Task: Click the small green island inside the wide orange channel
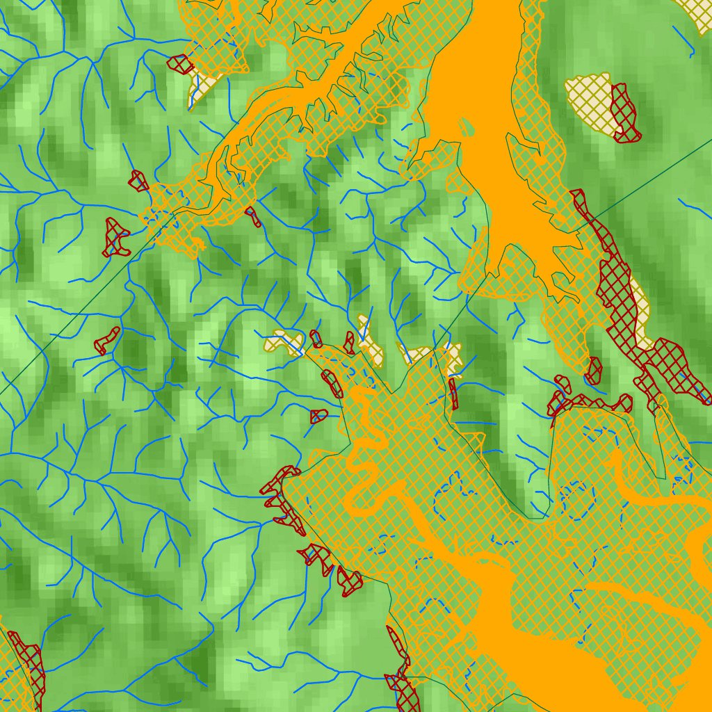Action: tap(466, 127)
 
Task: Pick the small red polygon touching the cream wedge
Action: tap(180, 64)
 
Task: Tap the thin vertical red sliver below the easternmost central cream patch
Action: tap(453, 394)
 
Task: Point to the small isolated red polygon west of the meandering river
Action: tap(318, 416)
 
